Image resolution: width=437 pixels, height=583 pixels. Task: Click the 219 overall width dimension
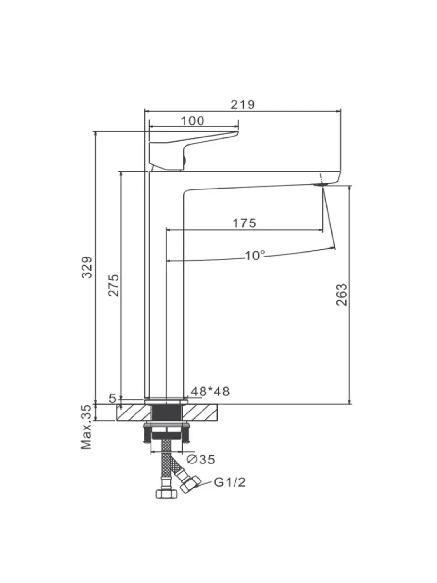coord(242,104)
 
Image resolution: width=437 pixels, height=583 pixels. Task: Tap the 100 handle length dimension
coord(193,121)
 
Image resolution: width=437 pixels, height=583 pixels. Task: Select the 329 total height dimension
coord(87,267)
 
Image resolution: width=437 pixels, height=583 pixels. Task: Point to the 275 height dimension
coord(114,285)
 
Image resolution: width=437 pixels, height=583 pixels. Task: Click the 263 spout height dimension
coord(342,294)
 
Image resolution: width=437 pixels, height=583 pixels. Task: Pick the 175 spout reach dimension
coord(244,223)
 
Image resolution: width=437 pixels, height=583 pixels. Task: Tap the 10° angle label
coord(255,256)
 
